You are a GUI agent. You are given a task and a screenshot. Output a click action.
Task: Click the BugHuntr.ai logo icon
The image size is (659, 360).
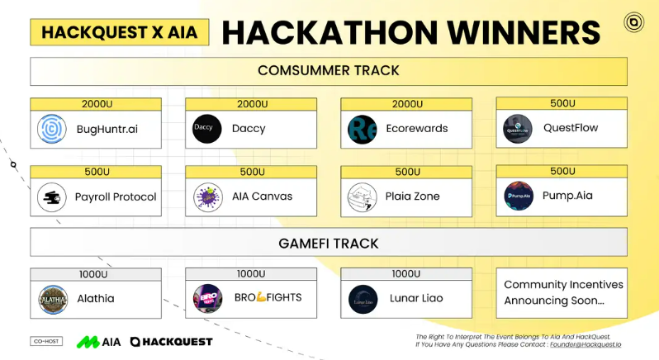(x=52, y=129)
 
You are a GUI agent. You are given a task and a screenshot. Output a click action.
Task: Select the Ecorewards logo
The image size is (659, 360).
(x=363, y=129)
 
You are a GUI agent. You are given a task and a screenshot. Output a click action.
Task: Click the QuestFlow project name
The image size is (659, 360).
(x=571, y=128)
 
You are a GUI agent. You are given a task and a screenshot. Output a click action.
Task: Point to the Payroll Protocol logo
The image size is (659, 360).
(x=52, y=197)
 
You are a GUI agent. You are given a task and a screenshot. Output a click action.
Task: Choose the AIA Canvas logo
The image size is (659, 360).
(x=208, y=197)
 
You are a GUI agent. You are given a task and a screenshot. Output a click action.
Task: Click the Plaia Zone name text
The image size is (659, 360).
(x=413, y=197)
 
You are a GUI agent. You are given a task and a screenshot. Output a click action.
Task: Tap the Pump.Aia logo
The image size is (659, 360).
(x=519, y=197)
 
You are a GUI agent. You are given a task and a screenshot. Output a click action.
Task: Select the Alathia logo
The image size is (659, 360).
(x=52, y=299)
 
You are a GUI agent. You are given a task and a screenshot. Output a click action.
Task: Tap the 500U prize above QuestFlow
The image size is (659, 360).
(x=562, y=103)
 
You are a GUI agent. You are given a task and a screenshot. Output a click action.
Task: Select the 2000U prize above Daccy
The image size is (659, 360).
(x=251, y=104)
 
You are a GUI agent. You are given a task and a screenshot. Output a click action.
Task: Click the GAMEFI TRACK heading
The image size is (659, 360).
(x=329, y=244)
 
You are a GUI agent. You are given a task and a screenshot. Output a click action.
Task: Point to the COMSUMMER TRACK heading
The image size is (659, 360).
(x=329, y=70)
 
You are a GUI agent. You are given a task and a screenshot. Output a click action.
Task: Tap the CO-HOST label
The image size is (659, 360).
(x=48, y=341)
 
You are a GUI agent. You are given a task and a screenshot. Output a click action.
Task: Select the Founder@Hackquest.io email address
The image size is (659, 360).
(x=588, y=347)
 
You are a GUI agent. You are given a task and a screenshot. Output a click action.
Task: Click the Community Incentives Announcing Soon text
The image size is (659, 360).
(x=563, y=292)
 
